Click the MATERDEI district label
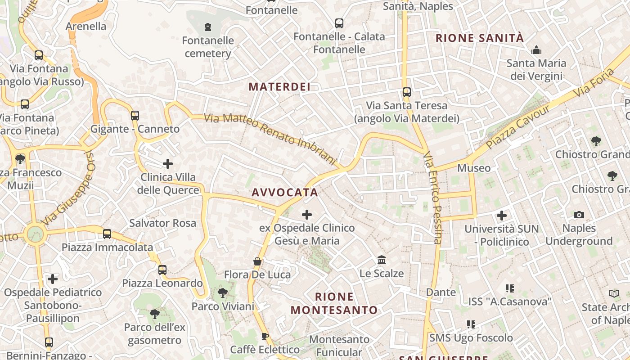tap(279, 87)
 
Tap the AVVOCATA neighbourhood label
tap(285, 193)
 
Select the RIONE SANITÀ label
tap(480, 38)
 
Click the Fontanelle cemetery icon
tap(207, 27)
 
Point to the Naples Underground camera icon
tap(579, 215)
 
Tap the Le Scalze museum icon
tap(382, 260)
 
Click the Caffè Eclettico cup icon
tap(265, 336)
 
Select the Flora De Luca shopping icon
tap(257, 261)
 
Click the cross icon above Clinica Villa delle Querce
tap(168, 164)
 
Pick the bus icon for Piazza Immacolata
tap(107, 234)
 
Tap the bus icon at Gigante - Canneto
tap(135, 116)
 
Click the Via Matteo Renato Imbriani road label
tap(270, 139)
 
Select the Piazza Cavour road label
tap(517, 128)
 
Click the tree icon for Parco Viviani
tap(222, 293)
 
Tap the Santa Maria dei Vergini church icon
tap(536, 50)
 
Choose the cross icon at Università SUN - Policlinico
tap(502, 216)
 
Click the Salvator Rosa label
tap(162, 223)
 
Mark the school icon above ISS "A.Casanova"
tap(509, 288)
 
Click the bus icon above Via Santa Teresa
tap(406, 92)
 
